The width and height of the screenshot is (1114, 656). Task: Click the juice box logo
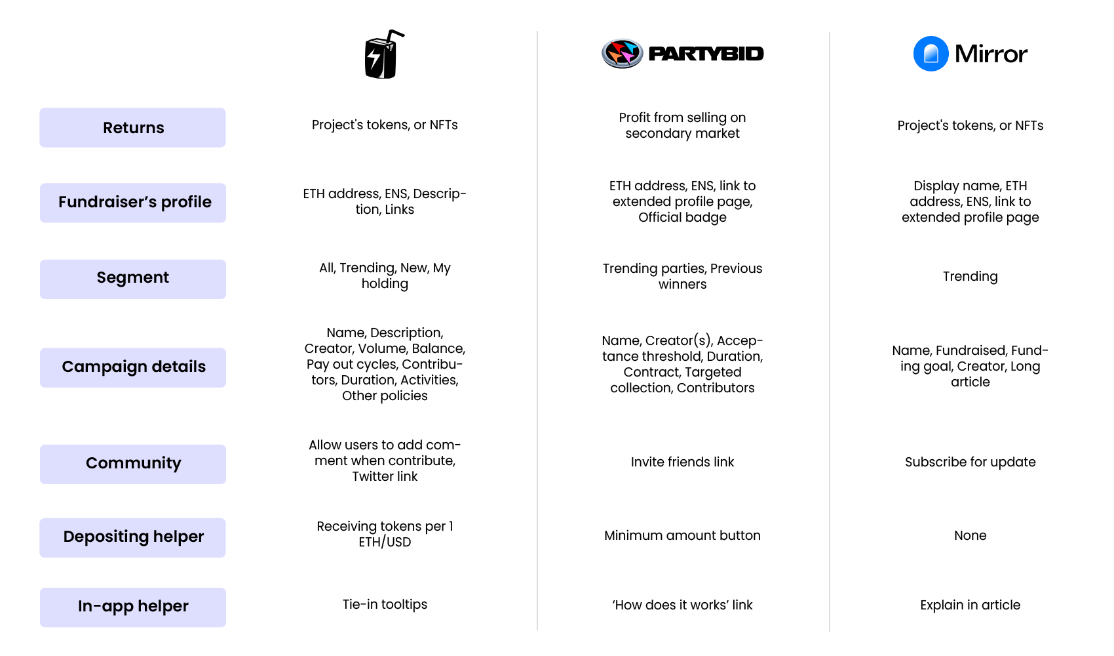click(x=383, y=55)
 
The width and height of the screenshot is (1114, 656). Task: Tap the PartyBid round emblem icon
click(x=622, y=53)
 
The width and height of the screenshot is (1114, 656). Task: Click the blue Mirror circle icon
click(x=931, y=54)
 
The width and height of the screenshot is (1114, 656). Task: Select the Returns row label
click(x=133, y=128)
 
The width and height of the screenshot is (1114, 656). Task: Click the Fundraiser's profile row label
click(x=133, y=203)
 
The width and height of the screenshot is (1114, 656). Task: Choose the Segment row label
click(x=133, y=278)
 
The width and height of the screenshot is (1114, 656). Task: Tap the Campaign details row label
click(x=133, y=367)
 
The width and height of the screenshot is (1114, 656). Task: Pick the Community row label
click(x=133, y=464)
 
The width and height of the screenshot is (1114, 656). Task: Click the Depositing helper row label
click(x=133, y=537)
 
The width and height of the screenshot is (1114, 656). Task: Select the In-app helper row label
click(x=133, y=607)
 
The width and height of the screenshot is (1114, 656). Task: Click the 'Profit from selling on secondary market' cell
click(x=682, y=125)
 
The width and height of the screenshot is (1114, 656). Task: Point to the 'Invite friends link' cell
click(x=682, y=462)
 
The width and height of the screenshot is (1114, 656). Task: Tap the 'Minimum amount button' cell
click(x=682, y=535)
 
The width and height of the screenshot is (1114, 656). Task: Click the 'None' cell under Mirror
click(x=970, y=535)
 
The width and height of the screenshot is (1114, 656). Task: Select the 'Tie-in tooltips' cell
click(x=385, y=604)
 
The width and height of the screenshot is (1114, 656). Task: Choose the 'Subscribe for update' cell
click(x=970, y=462)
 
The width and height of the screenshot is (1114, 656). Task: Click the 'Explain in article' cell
click(x=970, y=605)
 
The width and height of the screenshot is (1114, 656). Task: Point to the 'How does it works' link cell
click(x=682, y=605)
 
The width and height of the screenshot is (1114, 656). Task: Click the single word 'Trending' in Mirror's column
click(x=970, y=276)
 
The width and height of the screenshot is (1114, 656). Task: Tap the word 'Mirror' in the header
click(x=991, y=54)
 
